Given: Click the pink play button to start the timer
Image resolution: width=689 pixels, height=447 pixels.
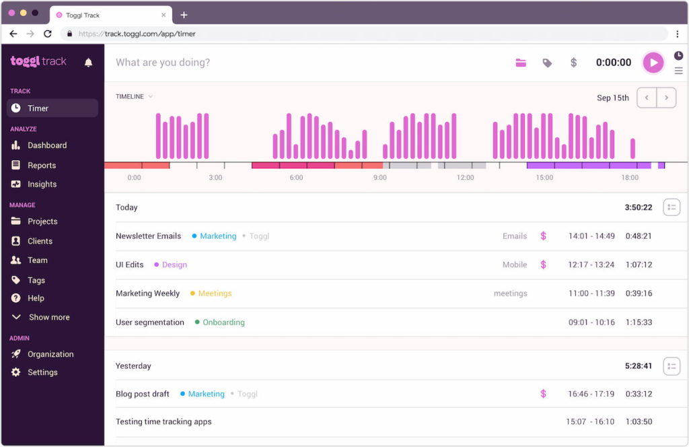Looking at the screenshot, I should [x=653, y=63].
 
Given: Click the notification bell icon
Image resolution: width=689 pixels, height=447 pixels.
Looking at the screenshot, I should [x=88, y=63].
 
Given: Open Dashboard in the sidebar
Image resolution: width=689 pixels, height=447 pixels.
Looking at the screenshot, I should [x=46, y=145].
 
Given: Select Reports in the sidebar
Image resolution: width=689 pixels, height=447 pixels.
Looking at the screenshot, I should [x=41, y=166].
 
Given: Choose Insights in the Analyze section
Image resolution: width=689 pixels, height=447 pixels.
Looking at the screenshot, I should [x=42, y=184].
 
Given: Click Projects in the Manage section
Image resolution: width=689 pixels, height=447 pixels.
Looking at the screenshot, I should [x=42, y=221].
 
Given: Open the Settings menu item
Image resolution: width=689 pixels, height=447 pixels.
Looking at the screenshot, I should [x=42, y=372].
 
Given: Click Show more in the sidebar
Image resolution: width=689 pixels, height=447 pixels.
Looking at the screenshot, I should [x=48, y=317].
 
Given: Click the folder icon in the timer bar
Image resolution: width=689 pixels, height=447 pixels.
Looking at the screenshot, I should [x=521, y=63].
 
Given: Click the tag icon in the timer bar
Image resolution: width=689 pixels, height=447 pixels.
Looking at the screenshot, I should [x=547, y=63].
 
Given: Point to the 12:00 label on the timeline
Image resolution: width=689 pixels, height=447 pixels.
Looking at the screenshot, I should [x=465, y=178].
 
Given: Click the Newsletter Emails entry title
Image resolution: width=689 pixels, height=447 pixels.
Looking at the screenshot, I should [x=148, y=236].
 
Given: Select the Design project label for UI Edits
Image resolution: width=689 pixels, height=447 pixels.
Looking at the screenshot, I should [x=174, y=265].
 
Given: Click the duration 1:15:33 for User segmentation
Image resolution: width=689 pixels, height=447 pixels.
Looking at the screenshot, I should [x=638, y=322].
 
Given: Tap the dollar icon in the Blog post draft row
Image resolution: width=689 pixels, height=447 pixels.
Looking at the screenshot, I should [x=543, y=394].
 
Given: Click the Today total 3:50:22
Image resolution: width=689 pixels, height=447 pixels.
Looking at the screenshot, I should [x=638, y=207].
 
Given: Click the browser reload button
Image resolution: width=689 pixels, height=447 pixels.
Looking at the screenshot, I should [x=47, y=34].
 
